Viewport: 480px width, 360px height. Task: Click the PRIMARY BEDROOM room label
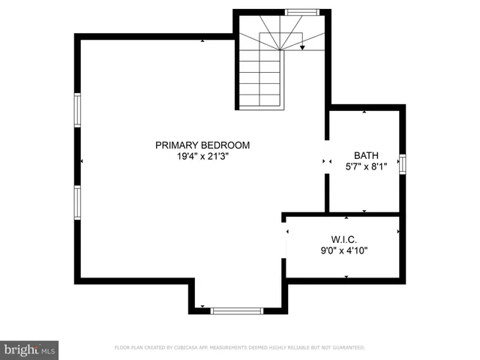click(202, 145)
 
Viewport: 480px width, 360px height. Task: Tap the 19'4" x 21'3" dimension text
click(202, 157)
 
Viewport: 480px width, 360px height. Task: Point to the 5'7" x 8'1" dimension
click(365, 166)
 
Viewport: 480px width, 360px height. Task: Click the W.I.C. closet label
click(344, 240)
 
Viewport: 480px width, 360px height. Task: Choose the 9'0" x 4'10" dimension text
click(344, 251)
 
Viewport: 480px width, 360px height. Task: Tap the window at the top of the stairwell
click(302, 12)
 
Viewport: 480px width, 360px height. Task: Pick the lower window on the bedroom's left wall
click(76, 202)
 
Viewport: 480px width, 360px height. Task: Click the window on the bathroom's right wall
click(403, 163)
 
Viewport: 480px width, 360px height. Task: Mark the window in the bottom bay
click(236, 310)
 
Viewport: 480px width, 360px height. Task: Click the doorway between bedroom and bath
click(326, 160)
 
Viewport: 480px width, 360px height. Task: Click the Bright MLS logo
click(30, 349)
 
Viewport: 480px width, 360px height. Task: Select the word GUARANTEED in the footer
click(346, 348)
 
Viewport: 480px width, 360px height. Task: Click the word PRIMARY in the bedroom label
click(175, 145)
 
